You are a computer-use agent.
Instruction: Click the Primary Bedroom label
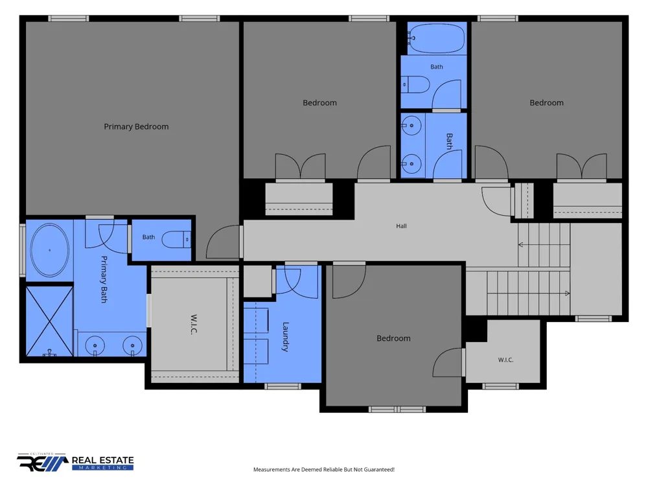point(136,126)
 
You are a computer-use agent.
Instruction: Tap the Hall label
point(401,226)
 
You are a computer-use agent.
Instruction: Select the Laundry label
point(286,337)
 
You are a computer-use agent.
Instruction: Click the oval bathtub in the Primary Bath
point(50,250)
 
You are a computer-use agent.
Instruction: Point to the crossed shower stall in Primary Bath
point(50,321)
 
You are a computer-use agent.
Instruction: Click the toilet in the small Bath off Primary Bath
point(176,239)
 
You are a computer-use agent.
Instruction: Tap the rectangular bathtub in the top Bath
point(437,38)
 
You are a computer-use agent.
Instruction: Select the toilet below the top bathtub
point(415,85)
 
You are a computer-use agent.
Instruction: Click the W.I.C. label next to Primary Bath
point(193,325)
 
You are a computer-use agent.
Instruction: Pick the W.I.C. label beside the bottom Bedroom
point(505,360)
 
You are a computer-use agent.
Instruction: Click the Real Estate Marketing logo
point(75,462)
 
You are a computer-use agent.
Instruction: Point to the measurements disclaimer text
point(323,469)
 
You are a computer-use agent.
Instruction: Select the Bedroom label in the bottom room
point(393,338)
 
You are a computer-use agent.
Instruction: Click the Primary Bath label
point(104,279)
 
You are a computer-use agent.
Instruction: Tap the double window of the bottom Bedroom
point(397,410)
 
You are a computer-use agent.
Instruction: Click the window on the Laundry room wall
point(283,386)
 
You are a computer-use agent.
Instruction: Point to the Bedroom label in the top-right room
point(546,102)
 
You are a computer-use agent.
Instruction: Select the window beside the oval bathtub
point(23,250)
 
